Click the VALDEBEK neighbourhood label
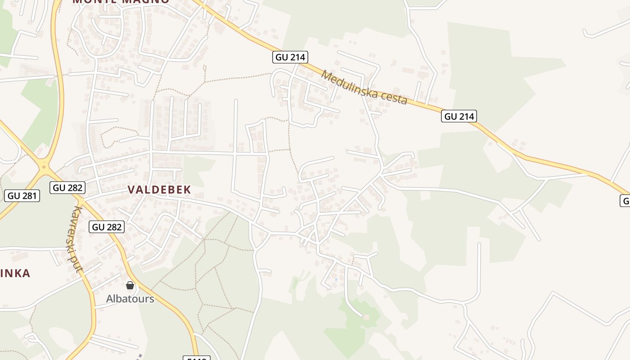[x=160, y=189]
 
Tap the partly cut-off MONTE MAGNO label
[x=121, y=1]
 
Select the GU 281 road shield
[x=22, y=196]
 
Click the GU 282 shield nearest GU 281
[x=67, y=188]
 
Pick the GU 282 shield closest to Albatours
[x=107, y=227]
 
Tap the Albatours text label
[x=130, y=299]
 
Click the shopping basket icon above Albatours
[x=130, y=285]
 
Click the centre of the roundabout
[x=44, y=166]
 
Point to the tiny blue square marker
[x=336, y=279]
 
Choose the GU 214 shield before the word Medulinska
[x=290, y=57]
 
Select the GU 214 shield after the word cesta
[x=459, y=117]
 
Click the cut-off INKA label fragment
[x=15, y=273]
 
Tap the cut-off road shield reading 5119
[x=197, y=358]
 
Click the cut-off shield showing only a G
[x=625, y=200]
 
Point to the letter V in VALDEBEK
[x=131, y=189]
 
